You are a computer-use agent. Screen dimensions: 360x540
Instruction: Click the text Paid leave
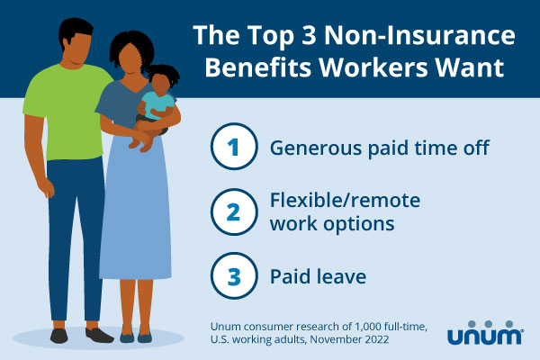[319, 276]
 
